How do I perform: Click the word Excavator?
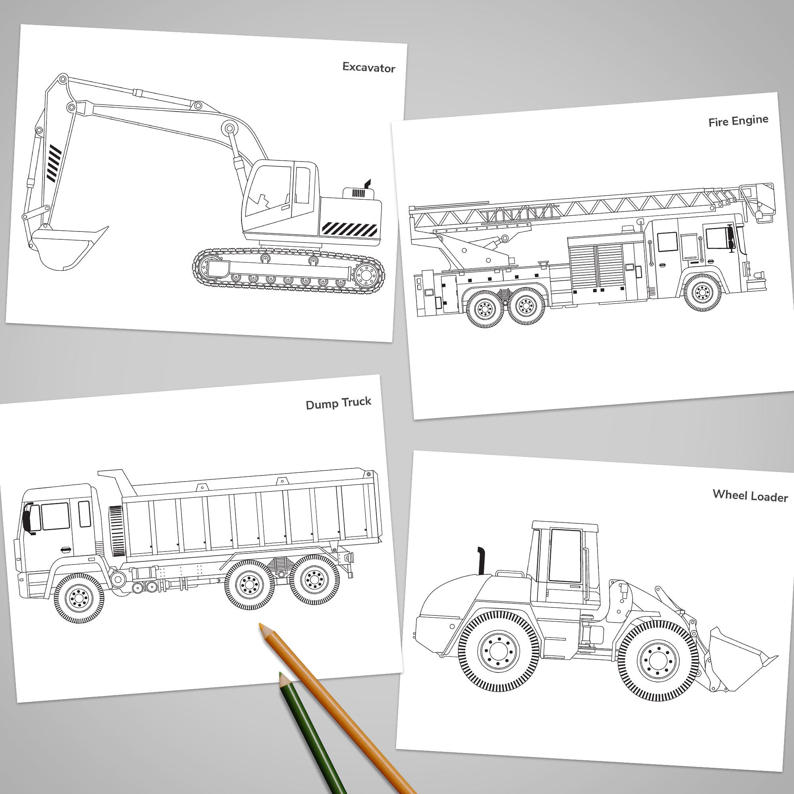point(369,67)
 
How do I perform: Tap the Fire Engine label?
point(738,121)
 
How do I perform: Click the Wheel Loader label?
point(750,495)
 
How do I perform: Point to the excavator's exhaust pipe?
point(367,184)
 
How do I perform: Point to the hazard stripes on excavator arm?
point(54,163)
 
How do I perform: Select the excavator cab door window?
point(302,185)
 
